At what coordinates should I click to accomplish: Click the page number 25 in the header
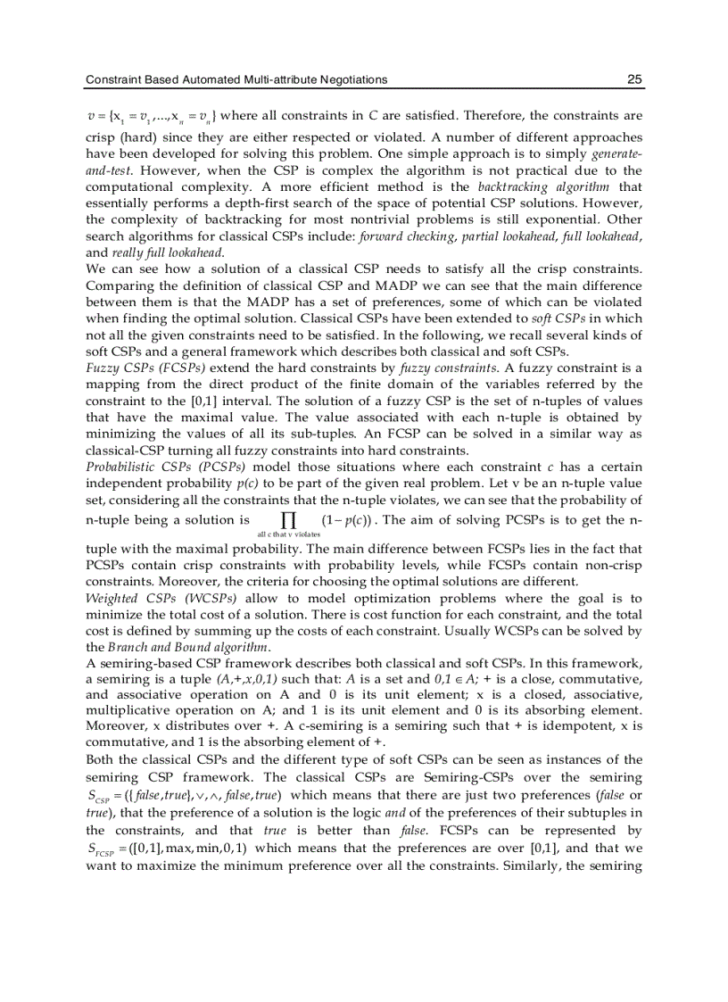pyautogui.click(x=634, y=79)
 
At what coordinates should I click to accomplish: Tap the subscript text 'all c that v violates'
pyautogui.click(x=288, y=534)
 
